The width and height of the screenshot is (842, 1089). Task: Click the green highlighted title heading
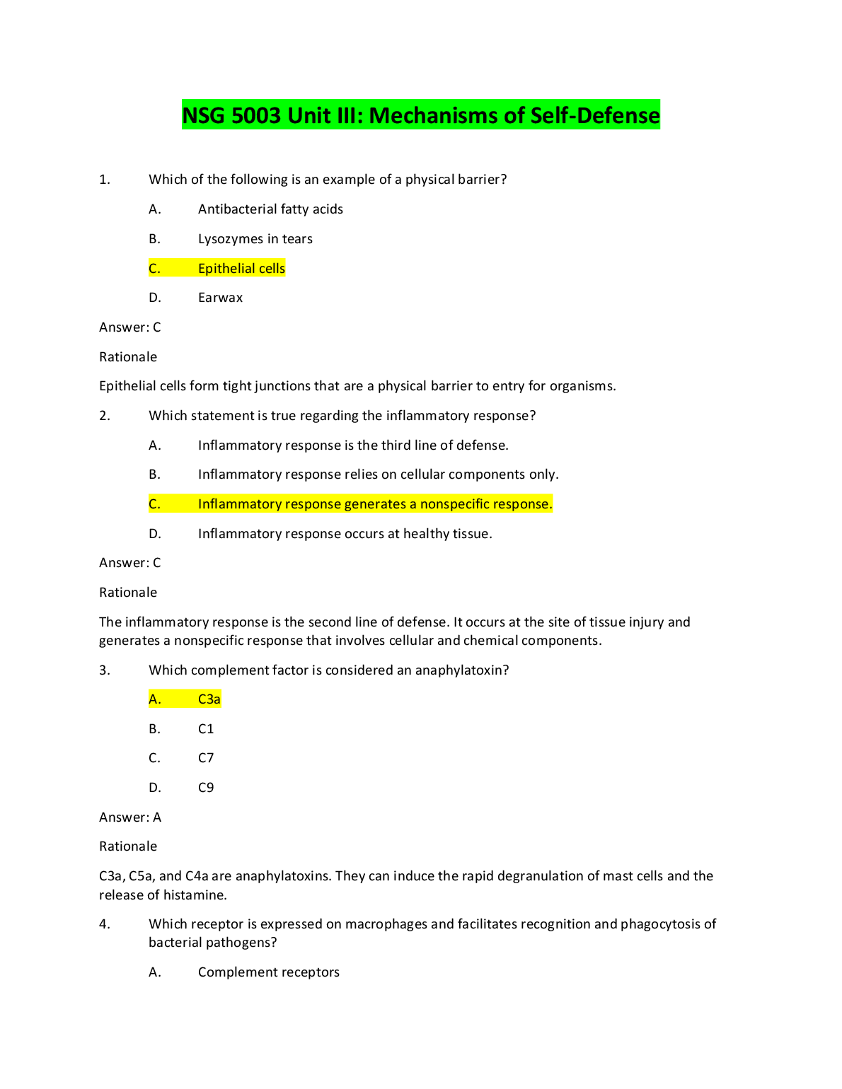(x=421, y=115)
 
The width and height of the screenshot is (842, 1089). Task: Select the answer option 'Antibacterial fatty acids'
(x=270, y=209)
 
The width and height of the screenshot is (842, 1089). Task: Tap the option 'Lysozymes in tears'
(x=255, y=239)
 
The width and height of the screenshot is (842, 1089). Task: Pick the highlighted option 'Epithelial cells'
(x=241, y=269)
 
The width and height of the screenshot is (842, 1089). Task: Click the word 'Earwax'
(x=220, y=298)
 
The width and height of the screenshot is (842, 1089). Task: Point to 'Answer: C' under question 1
(x=130, y=327)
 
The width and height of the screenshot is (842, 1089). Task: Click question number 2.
(x=105, y=416)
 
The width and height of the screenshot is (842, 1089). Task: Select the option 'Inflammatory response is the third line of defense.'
(x=353, y=445)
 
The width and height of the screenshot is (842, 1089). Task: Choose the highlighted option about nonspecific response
(x=374, y=504)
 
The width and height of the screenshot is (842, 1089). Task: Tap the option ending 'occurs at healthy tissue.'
(x=345, y=534)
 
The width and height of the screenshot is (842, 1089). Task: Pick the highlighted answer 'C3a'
(x=209, y=699)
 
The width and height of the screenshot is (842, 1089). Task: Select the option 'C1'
(x=206, y=729)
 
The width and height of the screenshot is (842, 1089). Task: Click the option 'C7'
(x=206, y=758)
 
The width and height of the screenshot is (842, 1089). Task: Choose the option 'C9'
(x=206, y=788)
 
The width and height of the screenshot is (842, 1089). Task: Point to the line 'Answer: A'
(x=130, y=817)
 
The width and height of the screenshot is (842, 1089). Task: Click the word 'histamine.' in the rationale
(x=195, y=895)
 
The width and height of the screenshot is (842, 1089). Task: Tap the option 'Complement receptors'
(x=268, y=972)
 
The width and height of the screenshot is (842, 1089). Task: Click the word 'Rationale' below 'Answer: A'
(x=128, y=846)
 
